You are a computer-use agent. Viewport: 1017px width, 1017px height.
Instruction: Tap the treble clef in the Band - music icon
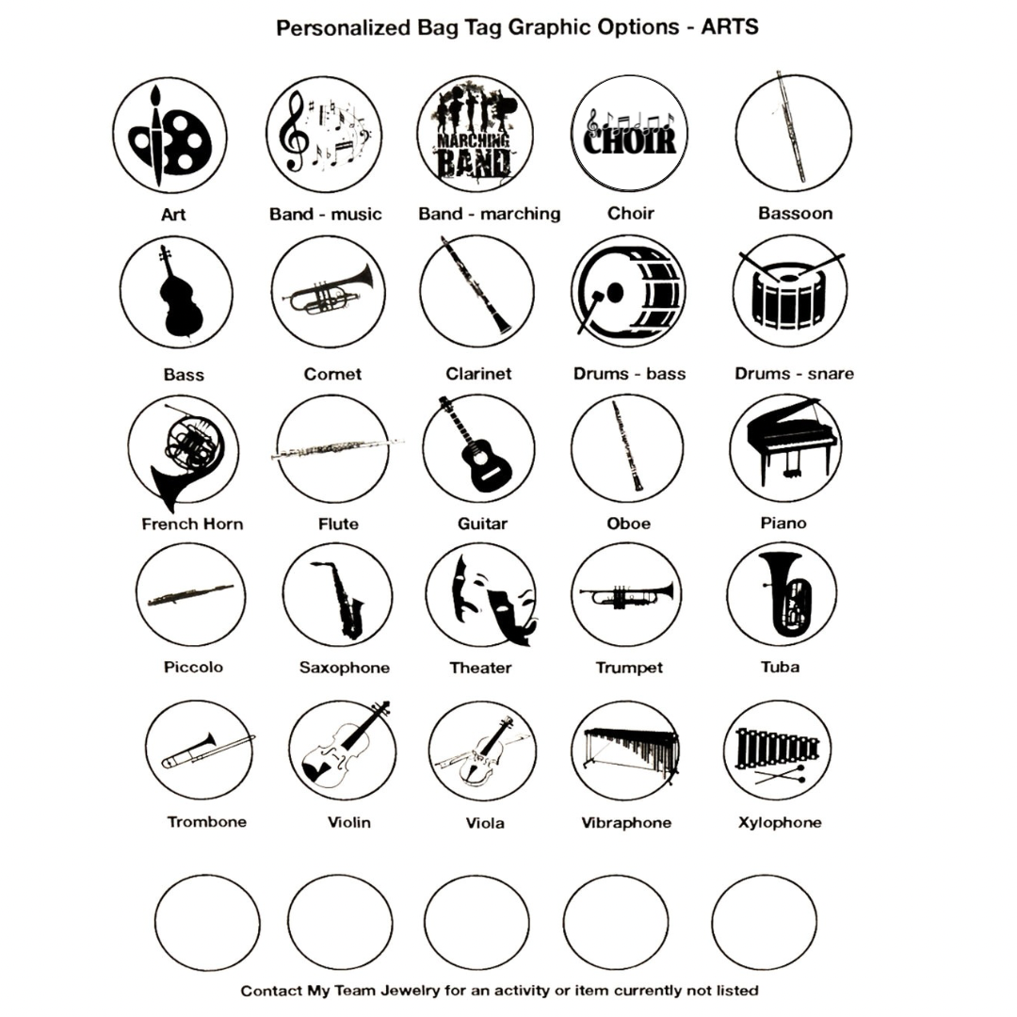tap(293, 131)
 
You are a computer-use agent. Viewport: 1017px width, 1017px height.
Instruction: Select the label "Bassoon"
tap(795, 214)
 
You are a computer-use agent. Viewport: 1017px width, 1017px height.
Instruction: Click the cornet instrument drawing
tap(329, 292)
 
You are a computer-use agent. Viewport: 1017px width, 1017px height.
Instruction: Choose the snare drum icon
tap(789, 293)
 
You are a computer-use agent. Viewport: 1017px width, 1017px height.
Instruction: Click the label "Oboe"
tap(628, 524)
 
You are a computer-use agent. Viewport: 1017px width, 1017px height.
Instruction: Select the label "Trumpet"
tap(629, 668)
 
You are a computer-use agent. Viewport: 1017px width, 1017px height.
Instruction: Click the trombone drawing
tap(207, 751)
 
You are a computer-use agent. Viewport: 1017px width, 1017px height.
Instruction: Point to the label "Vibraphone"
tap(626, 822)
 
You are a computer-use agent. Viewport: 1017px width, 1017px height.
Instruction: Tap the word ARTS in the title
tap(730, 27)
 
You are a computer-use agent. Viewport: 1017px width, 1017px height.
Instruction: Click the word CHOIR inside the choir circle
tap(630, 138)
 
